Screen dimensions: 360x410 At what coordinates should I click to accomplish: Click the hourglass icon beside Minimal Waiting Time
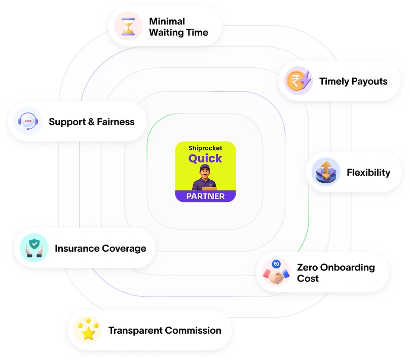[x=128, y=26]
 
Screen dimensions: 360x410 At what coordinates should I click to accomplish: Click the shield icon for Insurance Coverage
[x=34, y=248]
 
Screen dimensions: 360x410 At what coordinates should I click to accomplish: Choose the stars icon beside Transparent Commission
[x=88, y=330]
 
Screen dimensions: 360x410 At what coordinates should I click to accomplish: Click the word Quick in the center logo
[x=205, y=158]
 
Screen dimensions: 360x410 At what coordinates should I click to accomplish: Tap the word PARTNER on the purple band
[x=205, y=196]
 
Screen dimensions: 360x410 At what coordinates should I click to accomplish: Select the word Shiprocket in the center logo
[x=205, y=148]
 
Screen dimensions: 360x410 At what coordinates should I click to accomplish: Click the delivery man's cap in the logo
[x=205, y=168]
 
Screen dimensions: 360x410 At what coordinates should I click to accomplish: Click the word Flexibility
[x=368, y=173]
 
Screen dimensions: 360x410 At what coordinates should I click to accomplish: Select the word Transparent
[x=133, y=331]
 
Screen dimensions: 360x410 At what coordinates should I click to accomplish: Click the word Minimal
[x=167, y=21]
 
